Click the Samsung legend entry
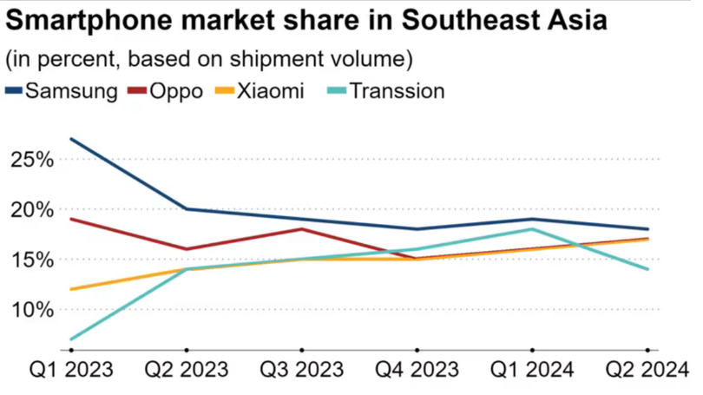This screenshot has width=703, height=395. coord(61,90)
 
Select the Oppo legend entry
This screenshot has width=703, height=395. coord(165,90)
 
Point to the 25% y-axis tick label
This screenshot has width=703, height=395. coord(34,160)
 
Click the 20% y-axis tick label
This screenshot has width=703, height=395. coord(34,209)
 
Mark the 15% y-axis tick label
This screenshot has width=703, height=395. coord(34,259)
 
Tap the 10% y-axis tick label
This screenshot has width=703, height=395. coord(34,309)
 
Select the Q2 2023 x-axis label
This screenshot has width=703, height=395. coord(186,371)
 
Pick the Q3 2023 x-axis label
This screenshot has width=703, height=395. coord(301,371)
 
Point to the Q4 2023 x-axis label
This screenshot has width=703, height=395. coord(417,371)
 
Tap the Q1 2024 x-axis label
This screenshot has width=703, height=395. coord(532,371)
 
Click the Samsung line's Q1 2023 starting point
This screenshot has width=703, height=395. coord(70,139)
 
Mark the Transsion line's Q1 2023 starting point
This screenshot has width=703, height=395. coord(70,339)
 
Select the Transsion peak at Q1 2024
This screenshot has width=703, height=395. coord(532,229)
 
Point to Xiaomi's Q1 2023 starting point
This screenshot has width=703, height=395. coord(70,289)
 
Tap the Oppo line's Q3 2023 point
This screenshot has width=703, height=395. coord(301,229)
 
